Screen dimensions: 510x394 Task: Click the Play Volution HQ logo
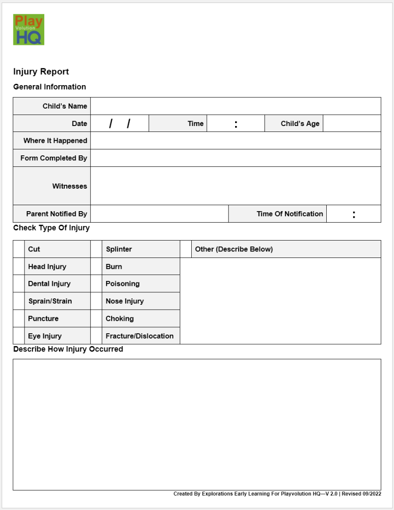coord(28,29)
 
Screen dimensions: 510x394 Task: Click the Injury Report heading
coord(41,72)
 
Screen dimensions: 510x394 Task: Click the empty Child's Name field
coord(236,106)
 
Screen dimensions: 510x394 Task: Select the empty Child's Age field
coord(352,124)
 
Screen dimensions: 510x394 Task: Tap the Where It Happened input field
coord(236,140)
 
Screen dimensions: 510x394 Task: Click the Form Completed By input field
coord(236,158)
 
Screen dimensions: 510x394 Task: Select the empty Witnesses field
coord(236,186)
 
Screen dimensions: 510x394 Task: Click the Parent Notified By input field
coord(159,214)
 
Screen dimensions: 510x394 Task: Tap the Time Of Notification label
coord(289,214)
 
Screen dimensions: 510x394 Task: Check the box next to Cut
coord(19,249)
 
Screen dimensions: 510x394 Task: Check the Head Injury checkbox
coord(19,266)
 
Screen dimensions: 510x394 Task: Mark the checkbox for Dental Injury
coord(19,284)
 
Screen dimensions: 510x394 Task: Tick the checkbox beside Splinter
coord(97,249)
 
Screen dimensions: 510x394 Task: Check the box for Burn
coord(97,266)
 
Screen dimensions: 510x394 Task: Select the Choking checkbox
coord(97,318)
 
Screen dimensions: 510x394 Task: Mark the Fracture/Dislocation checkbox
coord(97,336)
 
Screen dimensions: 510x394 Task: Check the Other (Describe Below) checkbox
coord(186,249)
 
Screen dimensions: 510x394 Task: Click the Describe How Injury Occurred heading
coord(68,349)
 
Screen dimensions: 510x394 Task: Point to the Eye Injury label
coord(45,336)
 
